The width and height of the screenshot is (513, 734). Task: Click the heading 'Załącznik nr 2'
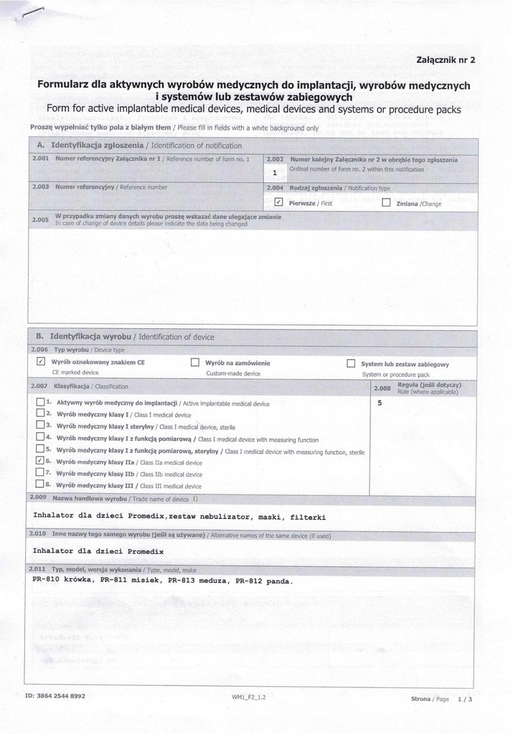tap(445, 59)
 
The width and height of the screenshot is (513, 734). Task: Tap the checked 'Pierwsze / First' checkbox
tap(280, 203)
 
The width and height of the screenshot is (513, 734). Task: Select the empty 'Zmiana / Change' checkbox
tap(386, 203)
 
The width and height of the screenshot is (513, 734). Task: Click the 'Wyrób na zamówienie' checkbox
tap(194, 363)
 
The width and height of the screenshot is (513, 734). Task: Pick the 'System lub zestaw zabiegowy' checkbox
tap(351, 363)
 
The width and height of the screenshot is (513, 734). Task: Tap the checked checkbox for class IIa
tap(40, 461)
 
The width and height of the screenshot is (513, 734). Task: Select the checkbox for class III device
tap(40, 485)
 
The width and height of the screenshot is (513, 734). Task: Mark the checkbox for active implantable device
tap(40, 402)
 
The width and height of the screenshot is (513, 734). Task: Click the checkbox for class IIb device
tap(40, 473)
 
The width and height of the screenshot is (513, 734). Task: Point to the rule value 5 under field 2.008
tap(380, 403)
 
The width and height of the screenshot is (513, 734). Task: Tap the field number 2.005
tap(41, 219)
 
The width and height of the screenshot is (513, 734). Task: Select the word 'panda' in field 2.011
tap(278, 581)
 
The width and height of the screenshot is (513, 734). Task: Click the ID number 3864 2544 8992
tap(55, 695)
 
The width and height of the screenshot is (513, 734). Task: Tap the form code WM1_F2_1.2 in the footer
tap(248, 696)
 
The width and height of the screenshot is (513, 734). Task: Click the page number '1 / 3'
tap(465, 697)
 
